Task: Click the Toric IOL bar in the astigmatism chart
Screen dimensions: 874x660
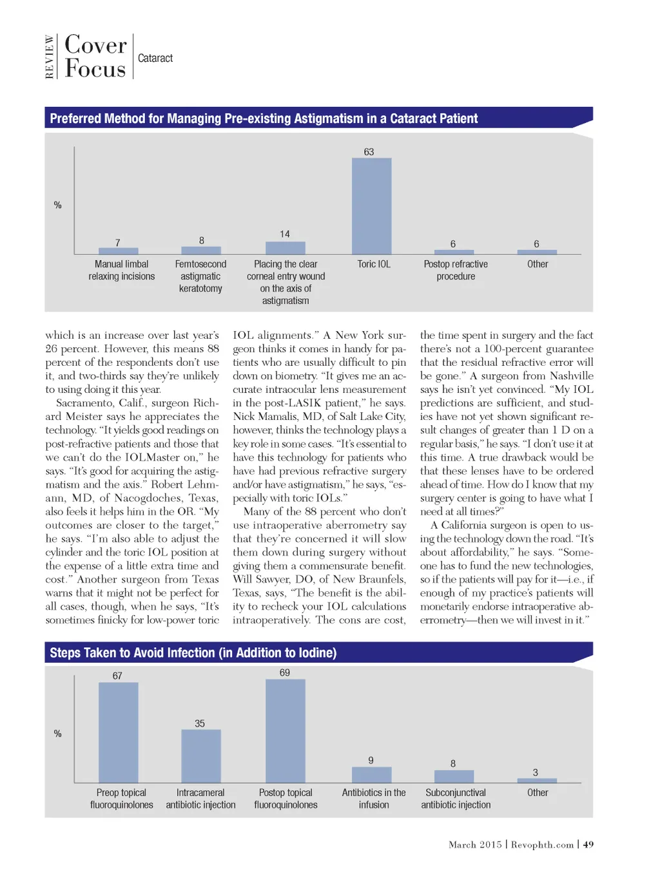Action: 371,206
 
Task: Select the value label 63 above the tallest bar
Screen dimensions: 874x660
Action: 369,152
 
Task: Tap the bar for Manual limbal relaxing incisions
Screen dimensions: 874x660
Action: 118,251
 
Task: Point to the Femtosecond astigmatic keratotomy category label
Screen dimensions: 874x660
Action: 200,276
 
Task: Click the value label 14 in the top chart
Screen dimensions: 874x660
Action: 285,234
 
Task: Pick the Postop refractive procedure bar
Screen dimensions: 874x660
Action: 454,252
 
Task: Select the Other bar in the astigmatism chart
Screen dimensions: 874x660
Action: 537,252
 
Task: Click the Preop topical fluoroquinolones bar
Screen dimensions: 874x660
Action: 118,732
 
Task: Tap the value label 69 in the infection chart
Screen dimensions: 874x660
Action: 285,672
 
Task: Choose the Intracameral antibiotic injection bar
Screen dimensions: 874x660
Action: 201,756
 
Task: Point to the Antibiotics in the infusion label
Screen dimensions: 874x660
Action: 374,799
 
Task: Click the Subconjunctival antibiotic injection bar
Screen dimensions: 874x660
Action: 454,776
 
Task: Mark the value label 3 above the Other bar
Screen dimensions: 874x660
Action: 535,772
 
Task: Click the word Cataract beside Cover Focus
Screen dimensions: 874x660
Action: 155,58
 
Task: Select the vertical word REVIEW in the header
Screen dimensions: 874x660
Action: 50,57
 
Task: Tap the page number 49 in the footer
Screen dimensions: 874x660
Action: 588,844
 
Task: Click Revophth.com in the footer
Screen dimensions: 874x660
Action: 542,844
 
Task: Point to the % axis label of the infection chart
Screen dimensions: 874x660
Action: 58,734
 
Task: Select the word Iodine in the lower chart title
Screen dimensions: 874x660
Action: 316,653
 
